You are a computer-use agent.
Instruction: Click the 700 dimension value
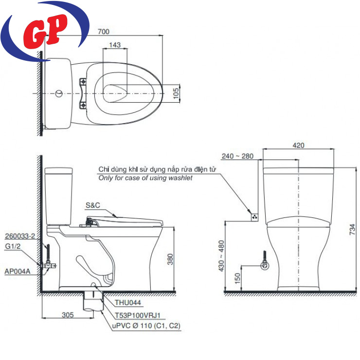tap(104, 32)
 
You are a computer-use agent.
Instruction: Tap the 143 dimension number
tap(115, 45)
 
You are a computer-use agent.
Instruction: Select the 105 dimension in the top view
tap(176, 93)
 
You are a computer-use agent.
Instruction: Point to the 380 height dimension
tap(170, 259)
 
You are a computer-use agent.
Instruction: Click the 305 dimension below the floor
tap(68, 315)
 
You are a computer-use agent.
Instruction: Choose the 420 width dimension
tap(299, 145)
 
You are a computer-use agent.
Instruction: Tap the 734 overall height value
tap(352, 229)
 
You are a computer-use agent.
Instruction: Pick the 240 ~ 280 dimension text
tap(237, 156)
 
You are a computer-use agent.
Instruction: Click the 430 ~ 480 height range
tap(221, 256)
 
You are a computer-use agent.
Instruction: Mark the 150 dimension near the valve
tap(237, 278)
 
